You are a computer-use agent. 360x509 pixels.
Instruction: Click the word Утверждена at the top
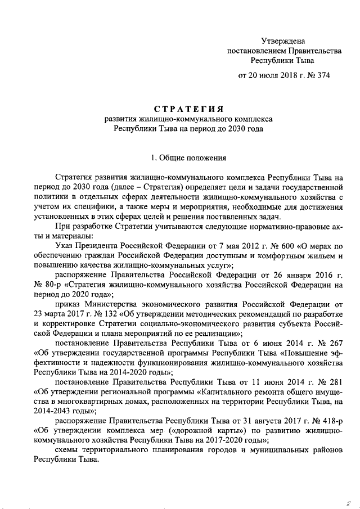283,40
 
